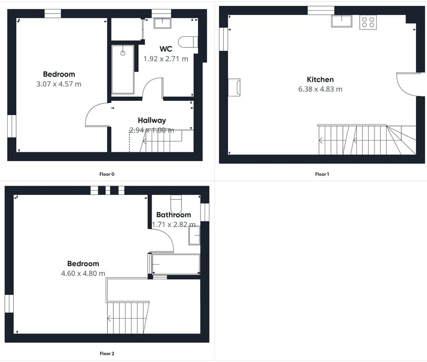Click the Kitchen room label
(320, 80)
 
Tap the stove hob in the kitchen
(368, 22)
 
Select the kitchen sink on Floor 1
(341, 21)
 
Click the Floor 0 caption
(107, 174)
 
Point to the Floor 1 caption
(322, 174)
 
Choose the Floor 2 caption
(107, 354)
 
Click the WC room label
(165, 49)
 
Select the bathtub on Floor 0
(123, 69)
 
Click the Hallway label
(152, 120)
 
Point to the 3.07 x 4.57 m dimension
(59, 84)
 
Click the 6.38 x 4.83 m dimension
(320, 89)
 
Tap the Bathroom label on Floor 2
(173, 215)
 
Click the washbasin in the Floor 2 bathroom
(194, 235)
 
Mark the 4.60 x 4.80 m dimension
(83, 273)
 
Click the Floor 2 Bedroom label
(83, 263)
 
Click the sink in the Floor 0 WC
(162, 23)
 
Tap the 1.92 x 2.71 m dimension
(165, 58)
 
